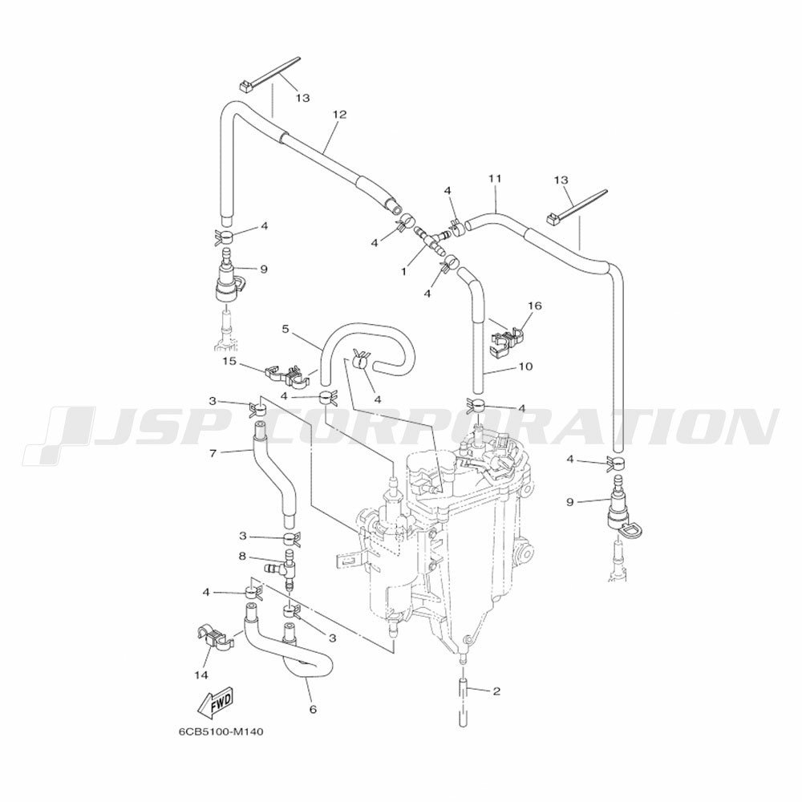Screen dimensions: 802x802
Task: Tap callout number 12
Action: tap(339, 114)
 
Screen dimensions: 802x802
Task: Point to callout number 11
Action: tap(495, 179)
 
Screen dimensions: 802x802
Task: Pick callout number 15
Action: tap(229, 362)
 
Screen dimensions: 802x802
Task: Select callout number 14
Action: tap(201, 675)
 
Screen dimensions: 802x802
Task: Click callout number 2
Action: tap(496, 691)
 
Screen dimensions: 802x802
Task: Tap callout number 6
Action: tap(313, 709)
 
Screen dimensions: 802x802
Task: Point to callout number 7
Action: tap(214, 453)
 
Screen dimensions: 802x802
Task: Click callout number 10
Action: tap(525, 367)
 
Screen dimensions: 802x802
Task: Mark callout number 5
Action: tap(286, 328)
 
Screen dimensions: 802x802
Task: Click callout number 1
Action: tap(403, 272)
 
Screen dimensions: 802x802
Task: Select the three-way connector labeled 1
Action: tap(432, 241)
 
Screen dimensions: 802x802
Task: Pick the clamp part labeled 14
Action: tap(211, 639)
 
